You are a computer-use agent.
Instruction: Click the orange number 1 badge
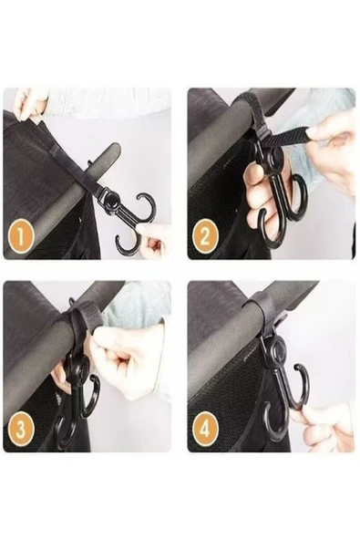(20, 236)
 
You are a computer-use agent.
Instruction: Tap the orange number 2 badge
(204, 236)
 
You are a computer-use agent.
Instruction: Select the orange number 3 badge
(20, 429)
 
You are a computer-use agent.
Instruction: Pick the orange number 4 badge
(204, 429)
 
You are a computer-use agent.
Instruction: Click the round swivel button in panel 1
(114, 200)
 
